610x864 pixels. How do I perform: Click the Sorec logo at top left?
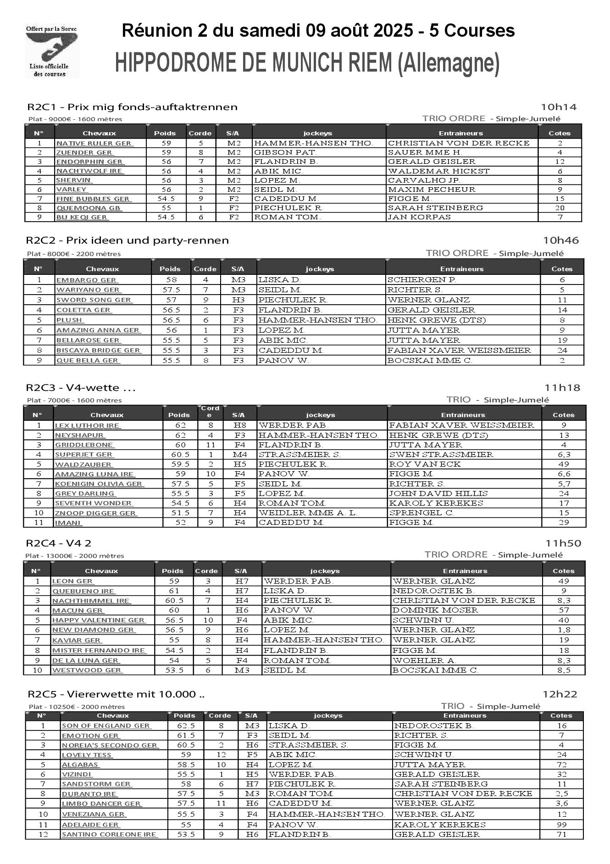(x=51, y=50)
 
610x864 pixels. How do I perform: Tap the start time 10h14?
(x=558, y=107)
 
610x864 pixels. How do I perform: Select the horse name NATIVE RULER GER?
(x=94, y=143)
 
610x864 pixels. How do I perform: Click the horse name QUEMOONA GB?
(x=89, y=208)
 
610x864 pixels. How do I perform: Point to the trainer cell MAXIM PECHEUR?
(x=432, y=190)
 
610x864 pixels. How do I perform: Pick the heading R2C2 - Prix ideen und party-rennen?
(x=128, y=240)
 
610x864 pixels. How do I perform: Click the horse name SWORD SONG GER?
(x=94, y=300)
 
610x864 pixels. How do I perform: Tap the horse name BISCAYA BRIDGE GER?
(x=98, y=351)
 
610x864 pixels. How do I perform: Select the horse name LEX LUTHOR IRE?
(x=88, y=425)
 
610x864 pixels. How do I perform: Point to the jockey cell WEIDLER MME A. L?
(x=308, y=513)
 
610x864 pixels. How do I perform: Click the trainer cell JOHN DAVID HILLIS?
(x=438, y=494)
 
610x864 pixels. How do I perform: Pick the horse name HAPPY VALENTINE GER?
(x=99, y=620)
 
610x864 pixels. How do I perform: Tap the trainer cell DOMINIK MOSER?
(x=435, y=610)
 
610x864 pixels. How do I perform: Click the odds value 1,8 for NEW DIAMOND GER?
(x=564, y=630)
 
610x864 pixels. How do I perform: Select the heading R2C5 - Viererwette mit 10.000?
(x=116, y=694)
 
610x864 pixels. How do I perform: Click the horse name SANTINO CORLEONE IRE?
(x=109, y=835)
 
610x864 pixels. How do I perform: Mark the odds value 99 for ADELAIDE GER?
(x=562, y=825)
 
